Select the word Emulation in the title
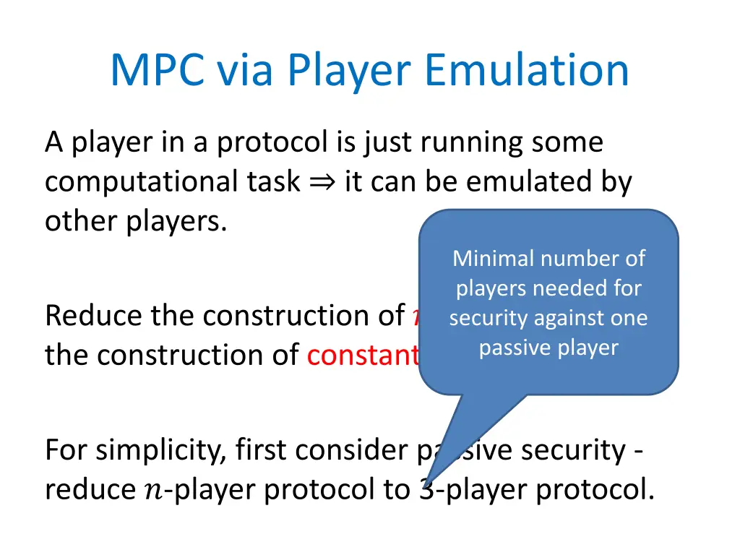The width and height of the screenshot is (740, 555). pos(527,70)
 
